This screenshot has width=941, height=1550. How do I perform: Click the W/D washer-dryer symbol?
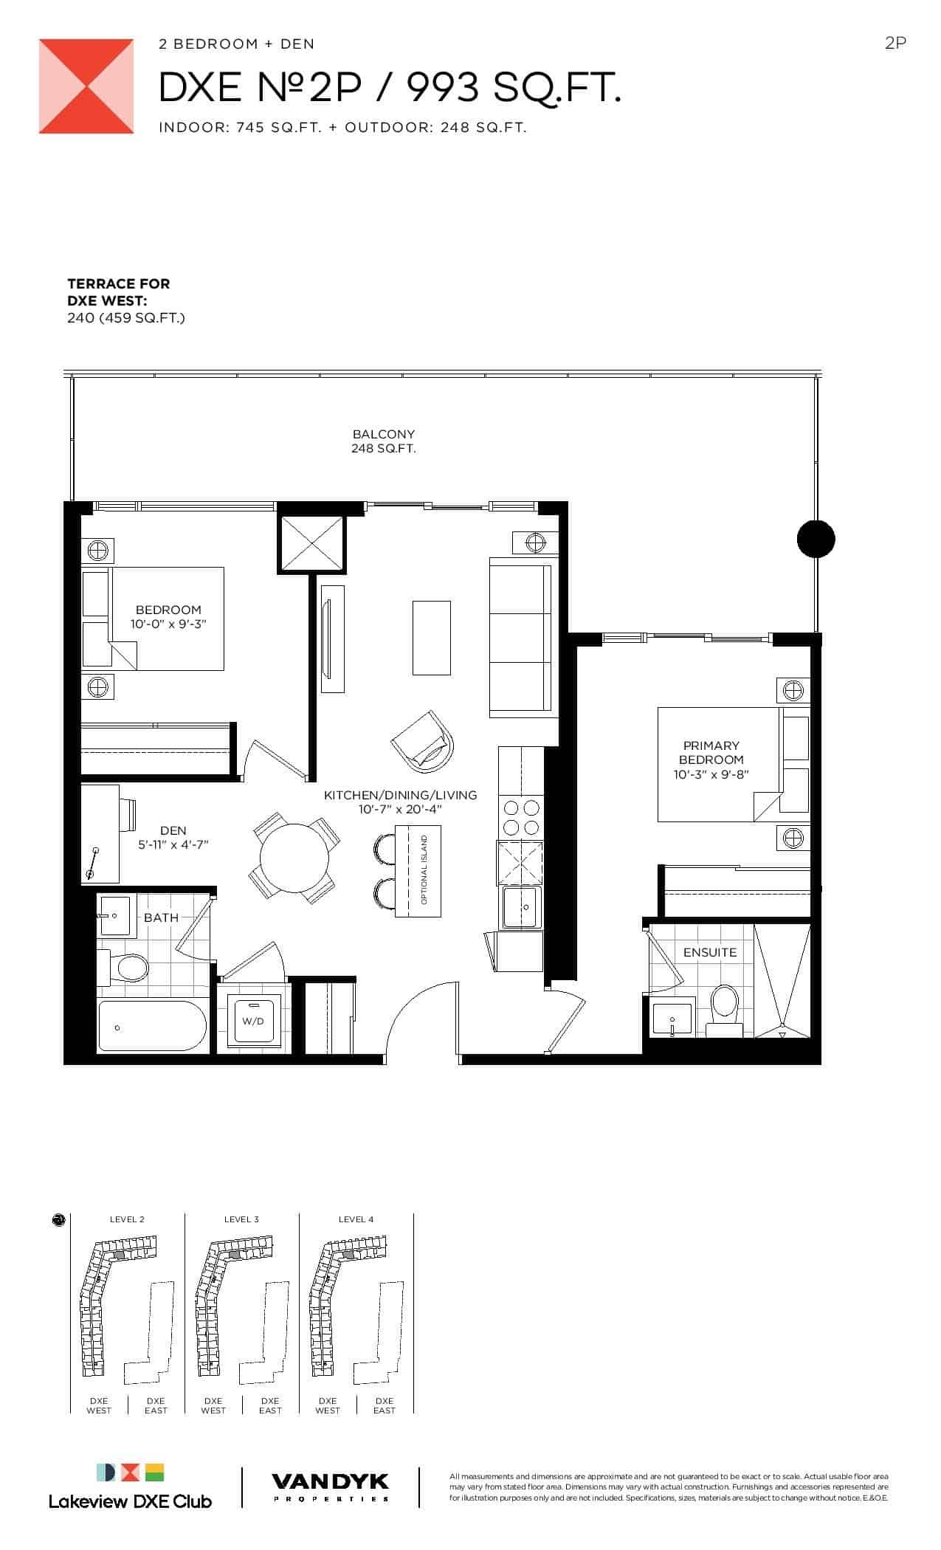pyautogui.click(x=253, y=1019)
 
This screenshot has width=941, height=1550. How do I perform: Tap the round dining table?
pyautogui.click(x=294, y=858)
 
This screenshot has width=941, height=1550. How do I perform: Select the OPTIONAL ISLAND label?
pyautogui.click(x=424, y=870)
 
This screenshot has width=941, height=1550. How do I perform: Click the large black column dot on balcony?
pyautogui.click(x=816, y=539)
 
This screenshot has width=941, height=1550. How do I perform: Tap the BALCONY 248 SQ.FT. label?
pyautogui.click(x=383, y=441)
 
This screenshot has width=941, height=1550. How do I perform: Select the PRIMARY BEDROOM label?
pyautogui.click(x=711, y=752)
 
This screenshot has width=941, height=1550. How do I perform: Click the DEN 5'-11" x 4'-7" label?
pyautogui.click(x=173, y=837)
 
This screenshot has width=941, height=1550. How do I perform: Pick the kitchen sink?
pyautogui.click(x=522, y=906)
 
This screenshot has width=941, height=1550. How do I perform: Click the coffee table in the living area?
pyautogui.click(x=431, y=638)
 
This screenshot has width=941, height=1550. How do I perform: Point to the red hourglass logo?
pyautogui.click(x=86, y=86)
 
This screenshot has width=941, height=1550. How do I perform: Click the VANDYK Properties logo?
pyautogui.click(x=331, y=1487)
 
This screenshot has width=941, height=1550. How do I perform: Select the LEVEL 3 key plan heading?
pyautogui.click(x=241, y=1219)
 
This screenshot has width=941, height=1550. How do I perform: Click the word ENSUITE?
pyautogui.click(x=710, y=952)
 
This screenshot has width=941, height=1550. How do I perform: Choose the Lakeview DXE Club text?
pyautogui.click(x=130, y=1501)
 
